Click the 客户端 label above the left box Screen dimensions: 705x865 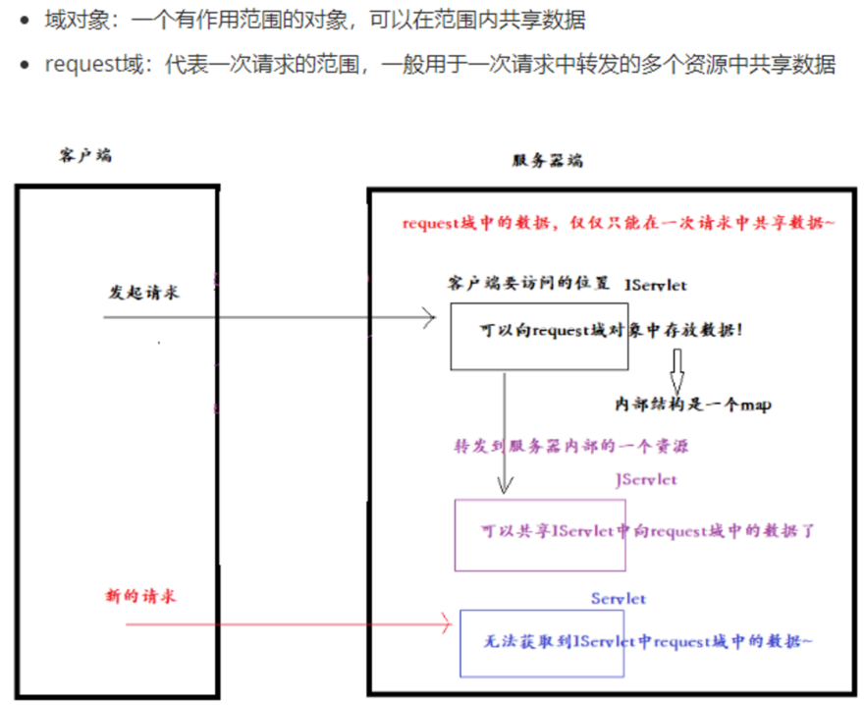[84, 155]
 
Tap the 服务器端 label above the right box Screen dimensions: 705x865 [547, 161]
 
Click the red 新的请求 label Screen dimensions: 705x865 [139, 596]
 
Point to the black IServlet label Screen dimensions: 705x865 [656, 285]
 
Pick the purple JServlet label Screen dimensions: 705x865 [645, 480]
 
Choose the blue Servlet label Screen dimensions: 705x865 [619, 598]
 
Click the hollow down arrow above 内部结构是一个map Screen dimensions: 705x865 [676, 375]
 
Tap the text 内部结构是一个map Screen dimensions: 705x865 [692, 405]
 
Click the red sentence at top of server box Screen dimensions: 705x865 [619, 224]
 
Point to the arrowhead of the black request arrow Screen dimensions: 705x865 [428, 317]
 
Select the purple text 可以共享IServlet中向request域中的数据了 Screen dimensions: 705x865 [648, 531]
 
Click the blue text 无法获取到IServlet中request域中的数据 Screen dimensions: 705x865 [648, 641]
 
